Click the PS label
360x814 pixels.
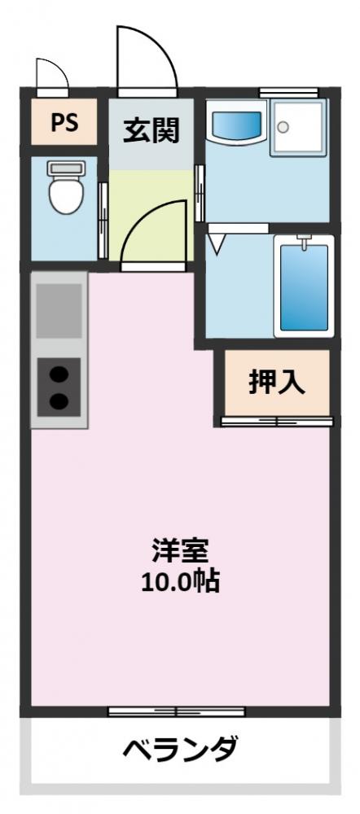pyautogui.click(x=64, y=123)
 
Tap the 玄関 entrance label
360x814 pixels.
pyautogui.click(x=151, y=129)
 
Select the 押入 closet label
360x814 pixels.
pyautogui.click(x=277, y=383)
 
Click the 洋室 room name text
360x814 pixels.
pyautogui.click(x=180, y=551)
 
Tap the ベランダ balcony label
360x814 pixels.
pyautogui.click(x=180, y=747)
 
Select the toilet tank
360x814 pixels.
pyautogui.click(x=63, y=168)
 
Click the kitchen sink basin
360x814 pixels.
pyautogui.click(x=59, y=310)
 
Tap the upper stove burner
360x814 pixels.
pyautogui.click(x=59, y=374)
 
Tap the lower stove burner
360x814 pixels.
pyautogui.click(x=59, y=400)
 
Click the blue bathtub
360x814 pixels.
pyautogui.click(x=304, y=285)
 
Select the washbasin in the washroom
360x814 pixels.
pyautogui.click(x=236, y=125)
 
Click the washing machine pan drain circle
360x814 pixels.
pyautogui.click(x=283, y=126)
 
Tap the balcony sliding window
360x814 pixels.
pyautogui.click(x=180, y=711)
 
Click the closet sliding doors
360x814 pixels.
pyautogui.click(x=277, y=421)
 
